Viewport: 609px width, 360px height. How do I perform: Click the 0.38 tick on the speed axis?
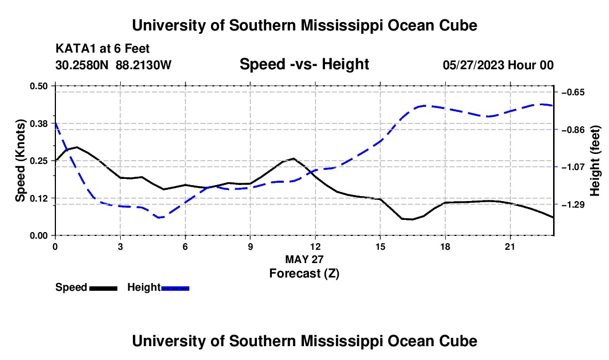click(38, 124)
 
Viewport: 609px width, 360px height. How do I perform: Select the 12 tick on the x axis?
click(316, 246)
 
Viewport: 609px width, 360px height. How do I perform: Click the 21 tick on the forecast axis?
click(510, 246)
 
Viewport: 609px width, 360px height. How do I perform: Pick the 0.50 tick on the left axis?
click(38, 86)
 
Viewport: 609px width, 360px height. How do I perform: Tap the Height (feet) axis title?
click(595, 161)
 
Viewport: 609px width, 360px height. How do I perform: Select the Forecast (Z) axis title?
click(304, 274)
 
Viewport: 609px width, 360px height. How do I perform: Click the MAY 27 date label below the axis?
click(304, 259)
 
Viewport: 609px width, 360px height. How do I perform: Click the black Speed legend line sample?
click(104, 288)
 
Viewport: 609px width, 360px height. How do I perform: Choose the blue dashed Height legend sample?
click(175, 288)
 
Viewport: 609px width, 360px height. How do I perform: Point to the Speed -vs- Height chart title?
click(304, 64)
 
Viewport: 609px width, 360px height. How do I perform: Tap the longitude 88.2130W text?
click(143, 65)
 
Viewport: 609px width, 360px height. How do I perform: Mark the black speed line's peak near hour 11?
click(293, 158)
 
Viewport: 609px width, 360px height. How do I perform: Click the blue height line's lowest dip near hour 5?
click(159, 218)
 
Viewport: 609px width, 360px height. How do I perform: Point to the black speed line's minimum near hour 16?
click(412, 219)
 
